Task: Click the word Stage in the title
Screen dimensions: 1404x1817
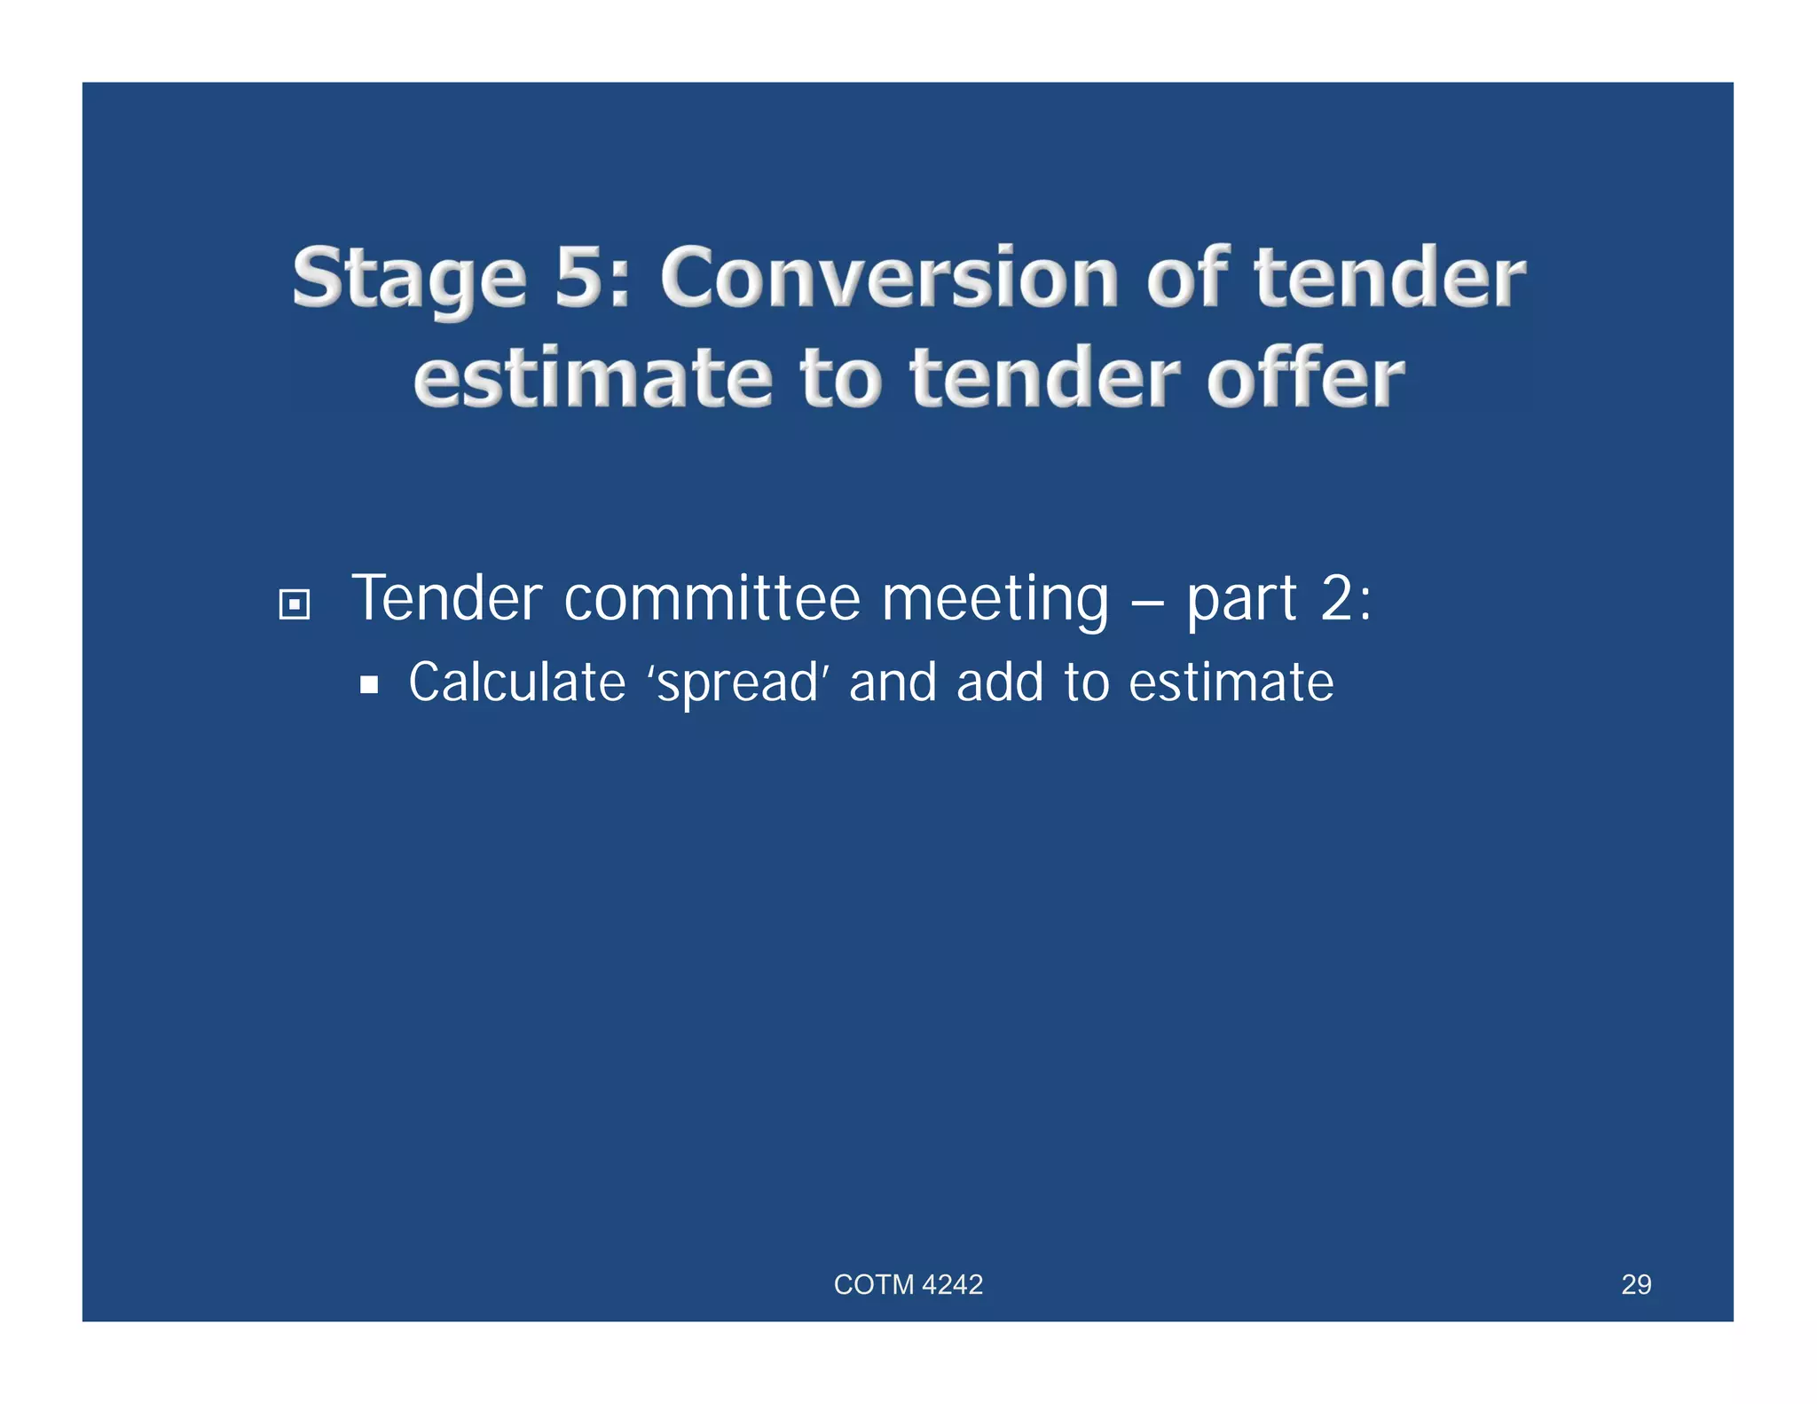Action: click(409, 279)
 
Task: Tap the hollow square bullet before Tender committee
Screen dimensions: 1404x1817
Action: click(294, 605)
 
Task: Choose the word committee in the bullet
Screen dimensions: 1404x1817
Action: click(712, 598)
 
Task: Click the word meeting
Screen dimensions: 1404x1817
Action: click(995, 600)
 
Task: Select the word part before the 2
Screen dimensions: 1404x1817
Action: click(1242, 600)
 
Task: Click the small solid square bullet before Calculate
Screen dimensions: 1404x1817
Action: click(369, 685)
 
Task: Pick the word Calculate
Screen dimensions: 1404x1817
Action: click(516, 682)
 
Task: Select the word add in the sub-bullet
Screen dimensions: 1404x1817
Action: click(999, 682)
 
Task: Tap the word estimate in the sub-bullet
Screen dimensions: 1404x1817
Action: click(1231, 682)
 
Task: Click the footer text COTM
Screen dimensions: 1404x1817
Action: click(873, 1284)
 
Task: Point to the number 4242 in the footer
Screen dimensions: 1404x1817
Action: click(953, 1284)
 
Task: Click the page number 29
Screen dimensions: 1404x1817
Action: click(1636, 1284)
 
